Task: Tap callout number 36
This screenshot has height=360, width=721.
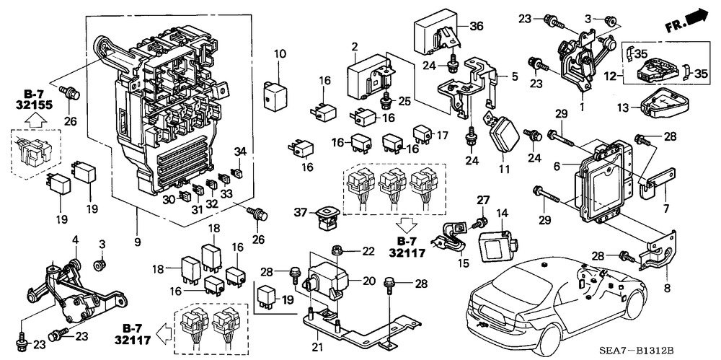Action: pos(477,26)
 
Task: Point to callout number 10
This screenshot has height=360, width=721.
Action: pos(280,54)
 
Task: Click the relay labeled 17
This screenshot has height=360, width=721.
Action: pos(422,133)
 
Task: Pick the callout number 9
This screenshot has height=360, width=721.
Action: pos(138,241)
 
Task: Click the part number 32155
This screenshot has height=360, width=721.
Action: pos(34,105)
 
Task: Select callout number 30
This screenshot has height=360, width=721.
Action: pos(169,198)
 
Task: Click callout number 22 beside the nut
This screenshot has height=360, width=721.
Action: pos(368,251)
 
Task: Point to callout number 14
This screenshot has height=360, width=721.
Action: pos(502,213)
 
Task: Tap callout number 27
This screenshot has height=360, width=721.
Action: pos(482,200)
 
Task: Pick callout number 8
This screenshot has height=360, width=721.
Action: pos(667,289)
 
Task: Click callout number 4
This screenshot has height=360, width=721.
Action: pos(76,240)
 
